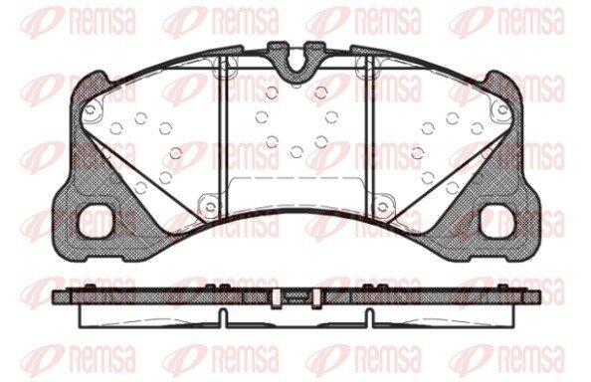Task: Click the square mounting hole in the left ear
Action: tap(96, 221)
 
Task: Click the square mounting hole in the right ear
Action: tap(496, 221)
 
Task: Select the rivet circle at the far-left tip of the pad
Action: tap(91, 110)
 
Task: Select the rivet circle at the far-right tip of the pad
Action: tap(502, 110)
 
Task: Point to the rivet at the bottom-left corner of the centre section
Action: tap(210, 207)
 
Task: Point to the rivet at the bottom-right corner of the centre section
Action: tap(382, 207)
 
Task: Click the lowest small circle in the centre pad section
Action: tap(296, 152)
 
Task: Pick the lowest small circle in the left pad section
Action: tap(140, 187)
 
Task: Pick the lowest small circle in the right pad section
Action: tap(453, 187)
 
